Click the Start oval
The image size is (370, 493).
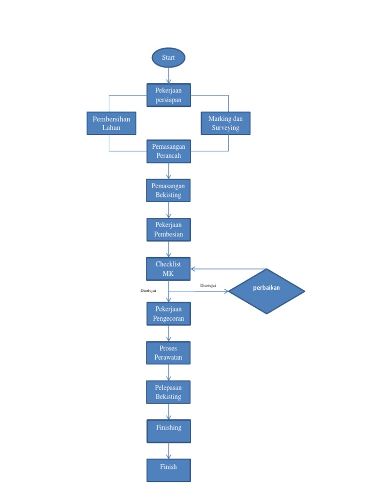click(x=169, y=58)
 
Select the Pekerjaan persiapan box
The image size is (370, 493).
click(x=169, y=95)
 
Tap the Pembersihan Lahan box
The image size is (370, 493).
click(x=111, y=123)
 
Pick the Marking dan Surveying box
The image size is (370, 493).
click(x=225, y=123)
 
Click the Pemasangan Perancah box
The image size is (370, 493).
click(x=169, y=151)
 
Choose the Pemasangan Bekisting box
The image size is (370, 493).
click(x=169, y=190)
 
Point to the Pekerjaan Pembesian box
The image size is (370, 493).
click(x=169, y=230)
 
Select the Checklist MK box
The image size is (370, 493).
click(x=169, y=269)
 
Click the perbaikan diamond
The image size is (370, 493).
click(x=266, y=291)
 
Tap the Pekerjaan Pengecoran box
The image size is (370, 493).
click(x=169, y=313)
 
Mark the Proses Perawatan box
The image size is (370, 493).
click(x=169, y=352)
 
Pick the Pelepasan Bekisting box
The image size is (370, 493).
click(x=169, y=392)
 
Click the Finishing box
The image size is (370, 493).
click(x=169, y=431)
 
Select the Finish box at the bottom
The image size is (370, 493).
click(x=169, y=470)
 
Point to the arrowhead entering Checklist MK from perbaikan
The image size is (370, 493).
click(x=193, y=269)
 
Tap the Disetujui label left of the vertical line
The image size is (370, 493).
click(x=147, y=290)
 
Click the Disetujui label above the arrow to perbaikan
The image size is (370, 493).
click(x=208, y=285)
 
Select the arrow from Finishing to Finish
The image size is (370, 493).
click(x=169, y=451)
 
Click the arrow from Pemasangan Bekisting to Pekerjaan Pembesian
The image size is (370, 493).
click(x=169, y=210)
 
